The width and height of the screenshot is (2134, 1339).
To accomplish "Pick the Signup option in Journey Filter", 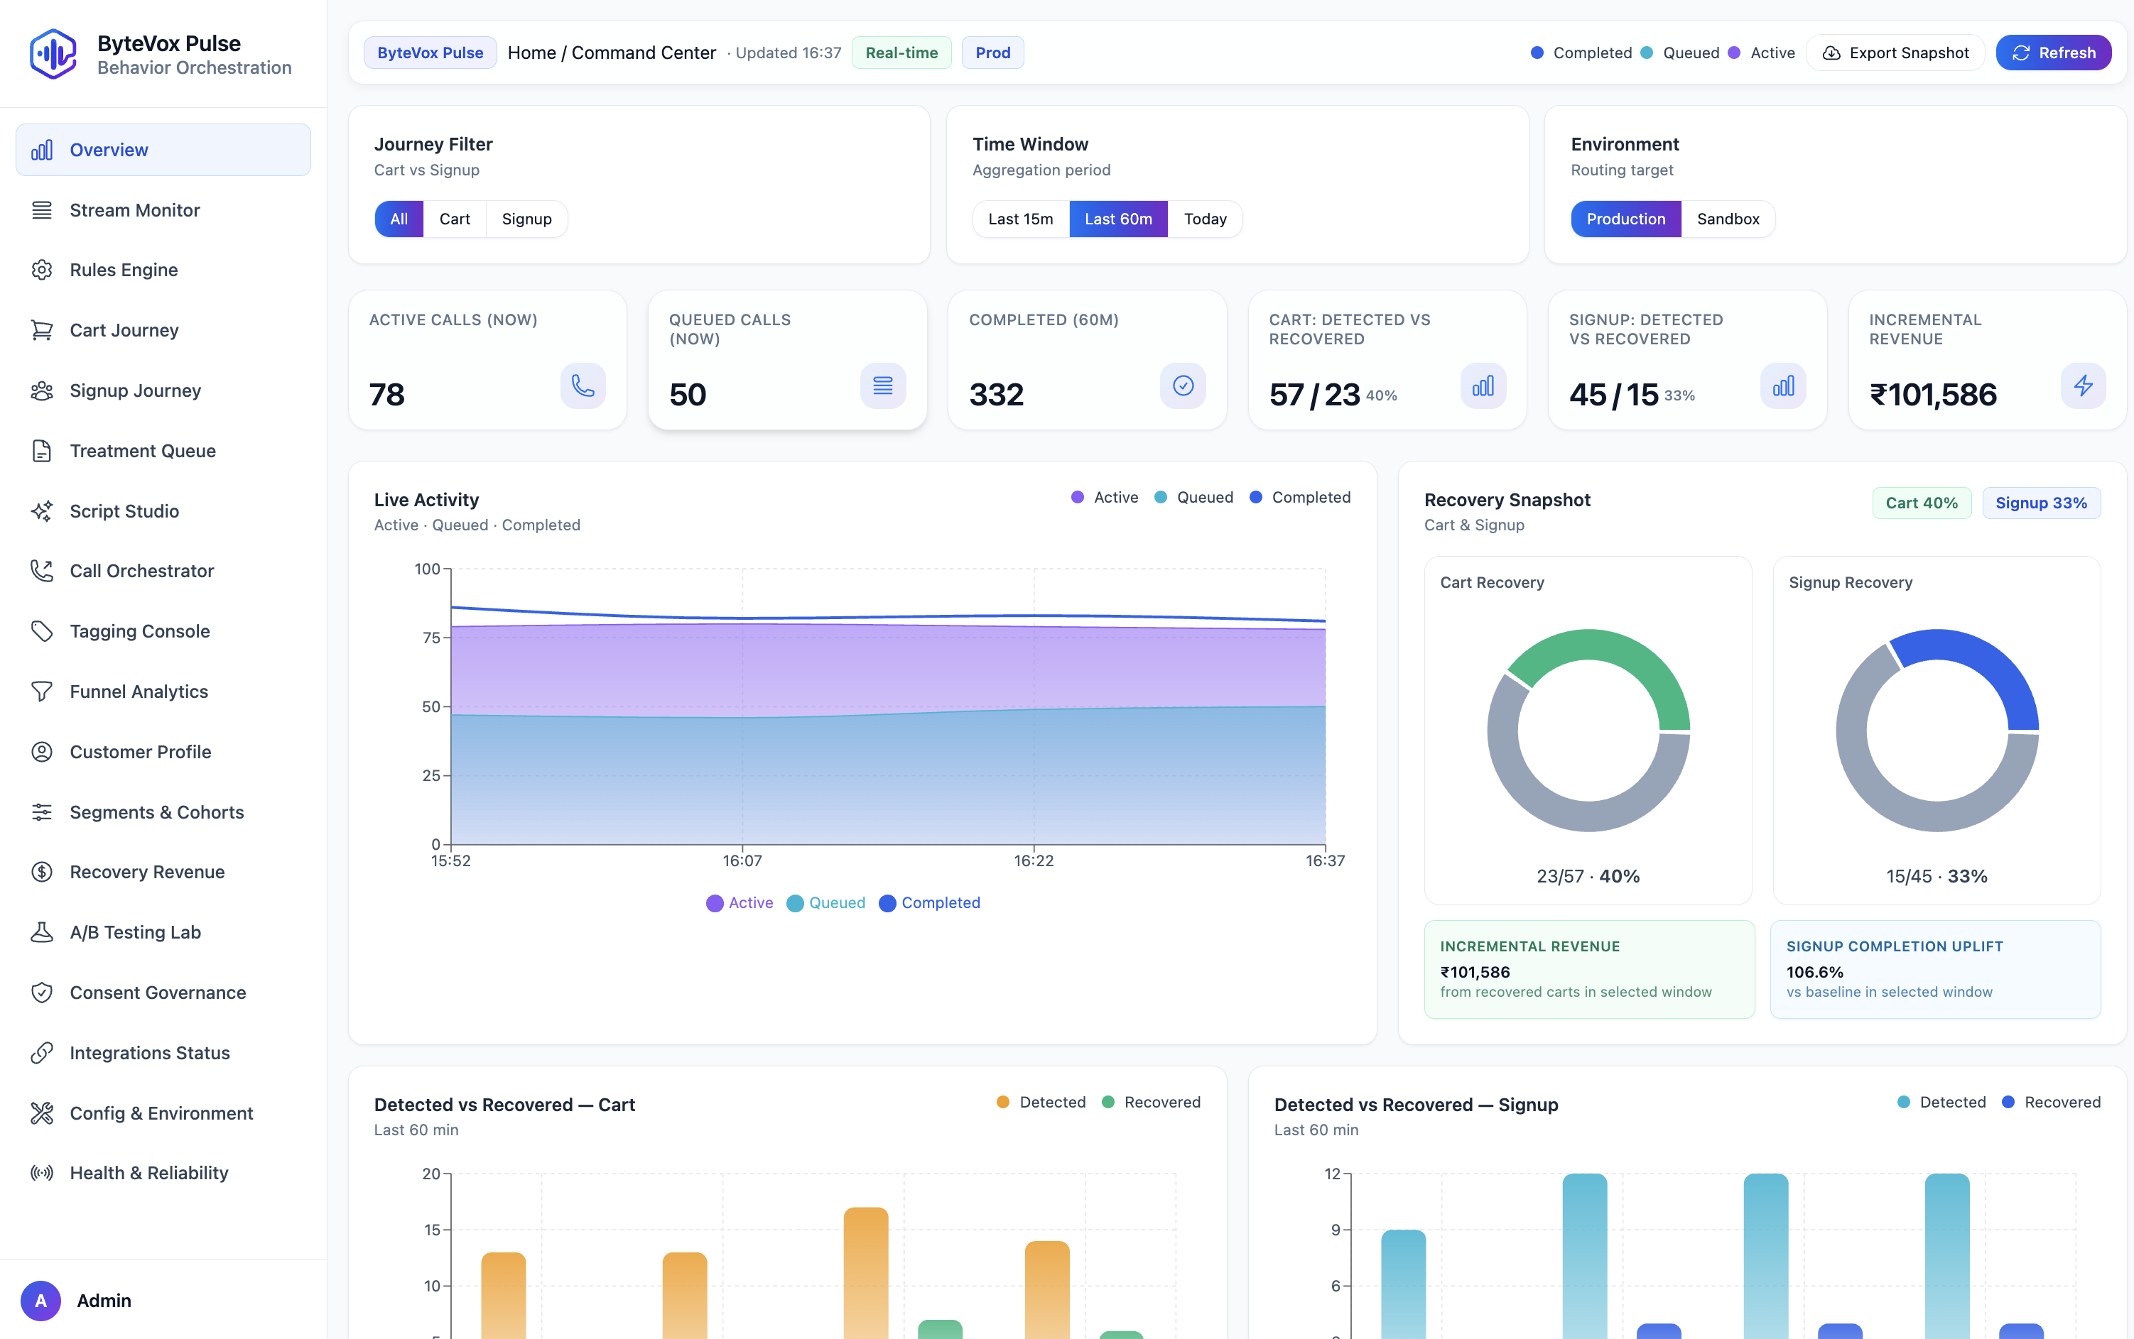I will pyautogui.click(x=526, y=219).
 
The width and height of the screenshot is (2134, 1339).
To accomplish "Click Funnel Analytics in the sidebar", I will pyautogui.click(x=139, y=692).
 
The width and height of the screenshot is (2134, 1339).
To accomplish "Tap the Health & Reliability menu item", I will pyautogui.click(x=148, y=1174).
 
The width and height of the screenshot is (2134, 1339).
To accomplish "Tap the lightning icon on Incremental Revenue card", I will pyautogui.click(x=2083, y=386).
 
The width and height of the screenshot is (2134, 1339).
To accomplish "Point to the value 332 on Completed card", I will pyautogui.click(x=996, y=395).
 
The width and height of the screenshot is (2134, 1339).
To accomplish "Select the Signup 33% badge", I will pyautogui.click(x=2040, y=503).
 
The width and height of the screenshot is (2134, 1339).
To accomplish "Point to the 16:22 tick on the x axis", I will pyautogui.click(x=1033, y=860).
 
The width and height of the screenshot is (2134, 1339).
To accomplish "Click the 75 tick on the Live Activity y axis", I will pyautogui.click(x=430, y=638).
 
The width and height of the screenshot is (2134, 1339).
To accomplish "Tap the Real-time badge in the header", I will pyautogui.click(x=901, y=53).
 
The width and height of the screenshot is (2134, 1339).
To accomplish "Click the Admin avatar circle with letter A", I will pyautogui.click(x=40, y=1300).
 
